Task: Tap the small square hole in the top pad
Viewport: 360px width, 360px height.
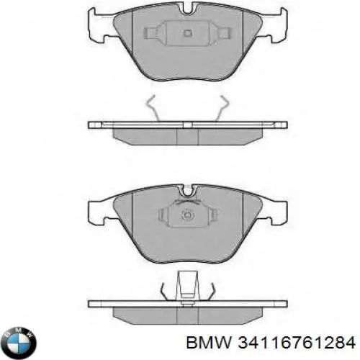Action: tap(186, 32)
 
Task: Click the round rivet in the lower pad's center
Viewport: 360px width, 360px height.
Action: tap(186, 214)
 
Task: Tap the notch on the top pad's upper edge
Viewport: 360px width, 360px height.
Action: tap(186, 9)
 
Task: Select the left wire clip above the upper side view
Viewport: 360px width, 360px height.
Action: tap(153, 108)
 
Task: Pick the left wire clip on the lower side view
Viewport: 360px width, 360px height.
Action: tap(165, 291)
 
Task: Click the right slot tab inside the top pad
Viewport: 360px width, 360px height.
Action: tap(220, 34)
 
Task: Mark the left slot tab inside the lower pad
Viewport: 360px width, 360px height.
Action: tap(161, 215)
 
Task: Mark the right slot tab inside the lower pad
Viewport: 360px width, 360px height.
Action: tap(210, 215)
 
